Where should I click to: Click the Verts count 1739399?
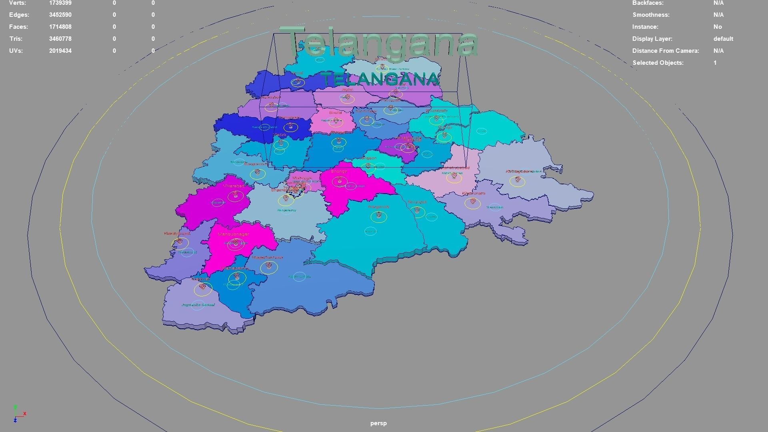point(60,3)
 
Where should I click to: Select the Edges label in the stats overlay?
point(19,15)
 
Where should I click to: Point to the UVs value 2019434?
point(60,51)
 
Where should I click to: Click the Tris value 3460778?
point(60,39)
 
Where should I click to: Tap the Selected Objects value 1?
point(715,63)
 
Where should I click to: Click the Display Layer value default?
point(723,39)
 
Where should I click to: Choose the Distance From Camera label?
point(665,51)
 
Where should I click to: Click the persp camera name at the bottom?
point(378,423)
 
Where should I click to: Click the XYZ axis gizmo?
point(18,414)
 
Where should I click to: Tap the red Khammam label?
point(474,193)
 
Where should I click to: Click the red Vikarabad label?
point(234,186)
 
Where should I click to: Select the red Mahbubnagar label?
point(233,234)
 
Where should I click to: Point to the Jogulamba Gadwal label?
point(198,305)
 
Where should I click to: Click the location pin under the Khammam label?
point(473,201)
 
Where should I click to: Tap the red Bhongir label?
point(339,171)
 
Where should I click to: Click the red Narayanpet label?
point(177,233)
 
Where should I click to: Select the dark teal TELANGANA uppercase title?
point(380,79)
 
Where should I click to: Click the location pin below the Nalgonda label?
point(378,216)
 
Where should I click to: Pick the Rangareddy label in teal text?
point(286,210)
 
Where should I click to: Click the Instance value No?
point(717,27)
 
